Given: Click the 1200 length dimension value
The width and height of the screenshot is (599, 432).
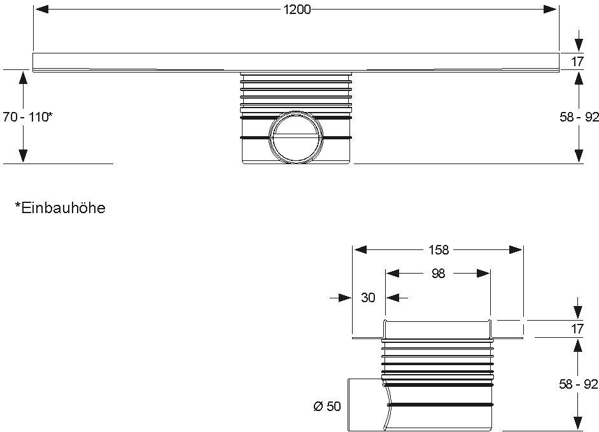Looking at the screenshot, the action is (x=297, y=10).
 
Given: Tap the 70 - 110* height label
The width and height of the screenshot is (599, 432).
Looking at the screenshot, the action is (x=27, y=117).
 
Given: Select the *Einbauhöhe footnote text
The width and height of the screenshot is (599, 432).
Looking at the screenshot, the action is (x=60, y=208).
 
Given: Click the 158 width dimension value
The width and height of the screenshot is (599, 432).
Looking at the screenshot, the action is (x=438, y=250).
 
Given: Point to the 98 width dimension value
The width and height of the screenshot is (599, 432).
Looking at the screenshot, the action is (x=438, y=274).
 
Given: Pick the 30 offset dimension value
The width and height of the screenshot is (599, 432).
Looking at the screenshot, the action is (x=369, y=297).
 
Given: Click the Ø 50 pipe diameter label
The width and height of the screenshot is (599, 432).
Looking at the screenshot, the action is (x=327, y=406).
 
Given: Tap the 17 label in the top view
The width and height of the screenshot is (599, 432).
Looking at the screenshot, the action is (x=577, y=62).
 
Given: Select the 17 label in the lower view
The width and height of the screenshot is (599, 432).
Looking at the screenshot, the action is (x=577, y=328).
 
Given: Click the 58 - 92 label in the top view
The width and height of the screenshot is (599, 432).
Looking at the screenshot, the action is (x=579, y=117).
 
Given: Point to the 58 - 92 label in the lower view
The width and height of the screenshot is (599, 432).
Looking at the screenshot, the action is (x=579, y=384).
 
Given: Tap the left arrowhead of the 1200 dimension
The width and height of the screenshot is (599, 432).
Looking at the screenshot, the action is (x=41, y=9).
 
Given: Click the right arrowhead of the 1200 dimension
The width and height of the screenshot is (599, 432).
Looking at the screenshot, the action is (x=551, y=9).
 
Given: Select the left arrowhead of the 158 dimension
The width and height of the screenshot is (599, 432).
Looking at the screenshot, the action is (x=360, y=250).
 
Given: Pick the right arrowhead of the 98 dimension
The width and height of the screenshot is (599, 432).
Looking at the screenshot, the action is (x=483, y=274).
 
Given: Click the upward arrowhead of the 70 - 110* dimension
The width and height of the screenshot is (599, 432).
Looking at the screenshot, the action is (x=24, y=78).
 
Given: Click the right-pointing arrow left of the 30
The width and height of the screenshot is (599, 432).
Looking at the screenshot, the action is (x=341, y=298).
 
